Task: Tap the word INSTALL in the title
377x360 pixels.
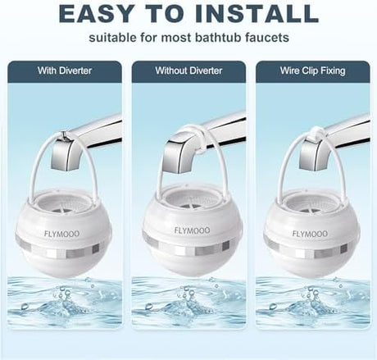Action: tap(257, 14)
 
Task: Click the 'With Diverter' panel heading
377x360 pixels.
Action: tap(65, 71)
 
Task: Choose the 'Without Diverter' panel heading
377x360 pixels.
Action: tap(188, 71)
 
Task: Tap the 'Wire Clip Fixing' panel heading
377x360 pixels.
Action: tap(313, 71)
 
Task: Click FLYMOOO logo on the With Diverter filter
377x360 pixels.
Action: tap(62, 234)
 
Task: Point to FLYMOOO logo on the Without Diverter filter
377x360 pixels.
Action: tap(193, 230)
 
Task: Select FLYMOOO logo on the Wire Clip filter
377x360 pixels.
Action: tap(310, 234)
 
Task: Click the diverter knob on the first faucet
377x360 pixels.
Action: tap(64, 134)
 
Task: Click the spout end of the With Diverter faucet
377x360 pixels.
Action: tap(65, 163)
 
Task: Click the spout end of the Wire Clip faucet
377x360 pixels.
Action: tap(313, 163)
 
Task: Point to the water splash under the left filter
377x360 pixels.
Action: tap(65, 302)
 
